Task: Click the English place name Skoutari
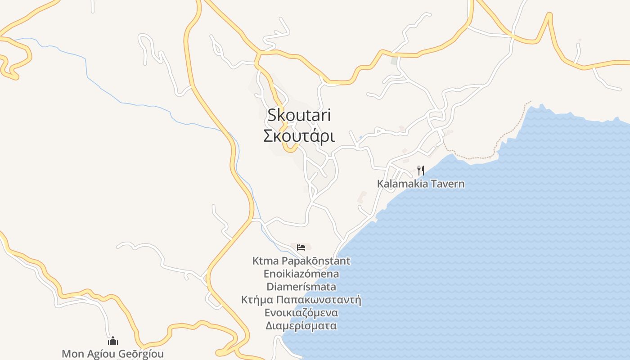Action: [299, 115]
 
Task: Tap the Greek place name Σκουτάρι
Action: [299, 135]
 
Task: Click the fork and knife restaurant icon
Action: [420, 170]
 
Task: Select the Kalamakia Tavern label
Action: [420, 184]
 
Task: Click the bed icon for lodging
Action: [301, 247]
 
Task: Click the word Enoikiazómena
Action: [301, 274]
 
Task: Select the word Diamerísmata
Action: [301, 287]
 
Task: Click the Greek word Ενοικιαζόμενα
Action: [301, 313]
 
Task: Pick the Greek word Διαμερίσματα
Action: [301, 326]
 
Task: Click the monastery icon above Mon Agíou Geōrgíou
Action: [112, 340]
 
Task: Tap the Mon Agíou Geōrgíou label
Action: [112, 354]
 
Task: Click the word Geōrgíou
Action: [141, 354]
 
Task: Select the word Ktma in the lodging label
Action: [266, 261]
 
